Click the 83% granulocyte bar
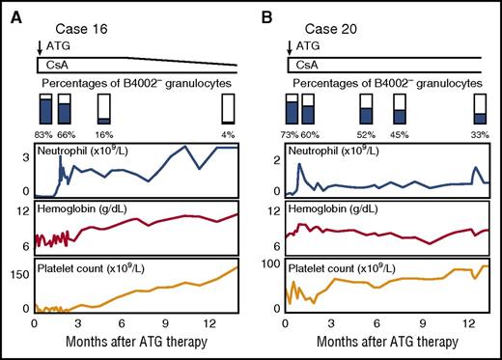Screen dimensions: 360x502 point(44,108)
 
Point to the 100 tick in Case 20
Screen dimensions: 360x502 point(270,263)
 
